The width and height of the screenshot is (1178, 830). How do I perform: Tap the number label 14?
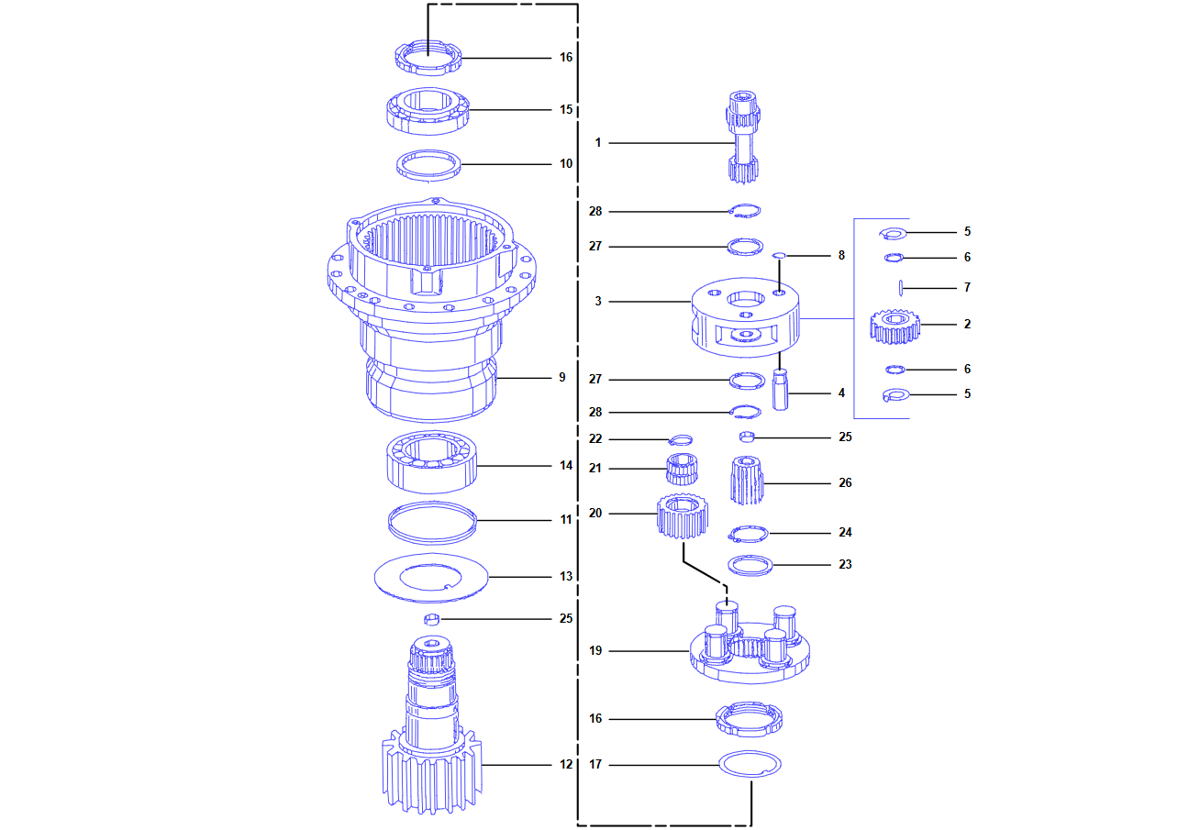coord(566,466)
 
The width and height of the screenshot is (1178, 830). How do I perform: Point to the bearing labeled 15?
coord(427,110)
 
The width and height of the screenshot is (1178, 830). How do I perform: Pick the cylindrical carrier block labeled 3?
coord(745,316)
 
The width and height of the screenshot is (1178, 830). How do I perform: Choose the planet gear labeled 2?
coord(895,326)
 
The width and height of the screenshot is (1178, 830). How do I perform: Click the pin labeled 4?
coord(781,389)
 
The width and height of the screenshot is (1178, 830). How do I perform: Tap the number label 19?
coord(595,651)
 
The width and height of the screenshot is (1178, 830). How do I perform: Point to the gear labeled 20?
coord(683,518)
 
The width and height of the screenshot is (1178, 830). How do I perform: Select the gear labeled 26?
coord(748,481)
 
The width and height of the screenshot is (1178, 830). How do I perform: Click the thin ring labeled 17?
coord(750,763)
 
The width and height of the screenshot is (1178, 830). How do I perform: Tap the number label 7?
coord(967,287)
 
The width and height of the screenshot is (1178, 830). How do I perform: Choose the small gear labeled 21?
coord(681,469)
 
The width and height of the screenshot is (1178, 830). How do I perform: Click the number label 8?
coord(841,256)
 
